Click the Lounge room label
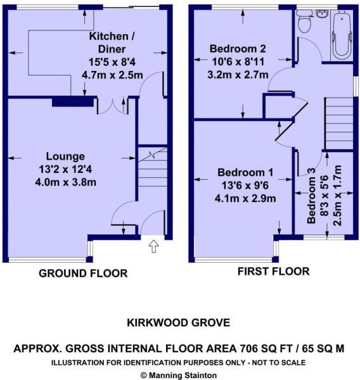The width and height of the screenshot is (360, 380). (x=65, y=156)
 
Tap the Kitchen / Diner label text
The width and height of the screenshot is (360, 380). (x=112, y=42)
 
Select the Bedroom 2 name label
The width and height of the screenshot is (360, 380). (x=238, y=49)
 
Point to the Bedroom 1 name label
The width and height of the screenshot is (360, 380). (x=245, y=172)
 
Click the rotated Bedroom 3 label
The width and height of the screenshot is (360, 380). (x=311, y=196)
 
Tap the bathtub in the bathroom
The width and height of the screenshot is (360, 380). (x=342, y=34)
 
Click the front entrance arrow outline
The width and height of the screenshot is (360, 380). (x=153, y=246)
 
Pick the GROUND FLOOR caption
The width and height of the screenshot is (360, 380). (x=83, y=274)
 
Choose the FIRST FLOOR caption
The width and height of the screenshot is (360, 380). (x=273, y=271)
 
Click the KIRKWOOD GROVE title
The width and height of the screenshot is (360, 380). (x=179, y=323)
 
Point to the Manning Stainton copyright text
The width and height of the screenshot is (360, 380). (x=179, y=375)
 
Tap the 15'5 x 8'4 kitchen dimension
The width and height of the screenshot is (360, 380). (x=112, y=62)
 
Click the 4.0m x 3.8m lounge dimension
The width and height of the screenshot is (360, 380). (x=65, y=182)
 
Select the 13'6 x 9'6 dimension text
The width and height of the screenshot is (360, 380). (x=245, y=186)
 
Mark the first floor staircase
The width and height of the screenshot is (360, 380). (x=339, y=123)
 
